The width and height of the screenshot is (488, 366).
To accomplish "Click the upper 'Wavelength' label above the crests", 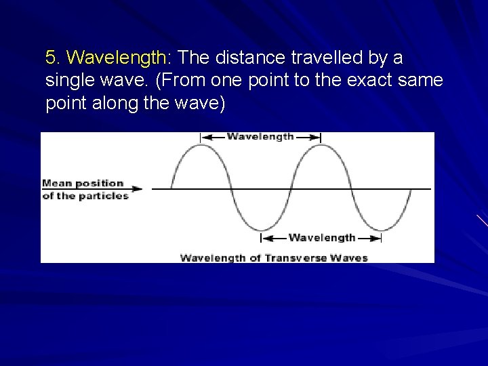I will click(x=260, y=136).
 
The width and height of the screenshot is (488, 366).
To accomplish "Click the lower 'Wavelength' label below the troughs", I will click(x=321, y=237).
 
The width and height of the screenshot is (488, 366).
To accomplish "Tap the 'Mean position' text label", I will click(x=83, y=183).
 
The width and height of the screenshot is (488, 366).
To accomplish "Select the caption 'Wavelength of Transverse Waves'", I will click(x=274, y=257).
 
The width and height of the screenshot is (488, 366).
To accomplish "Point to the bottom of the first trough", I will click(x=261, y=230).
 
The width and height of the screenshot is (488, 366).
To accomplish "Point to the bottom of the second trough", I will click(x=380, y=230).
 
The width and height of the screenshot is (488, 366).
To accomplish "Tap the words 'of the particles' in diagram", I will click(x=85, y=196).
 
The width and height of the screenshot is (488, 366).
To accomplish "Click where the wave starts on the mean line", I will click(x=171, y=188).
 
